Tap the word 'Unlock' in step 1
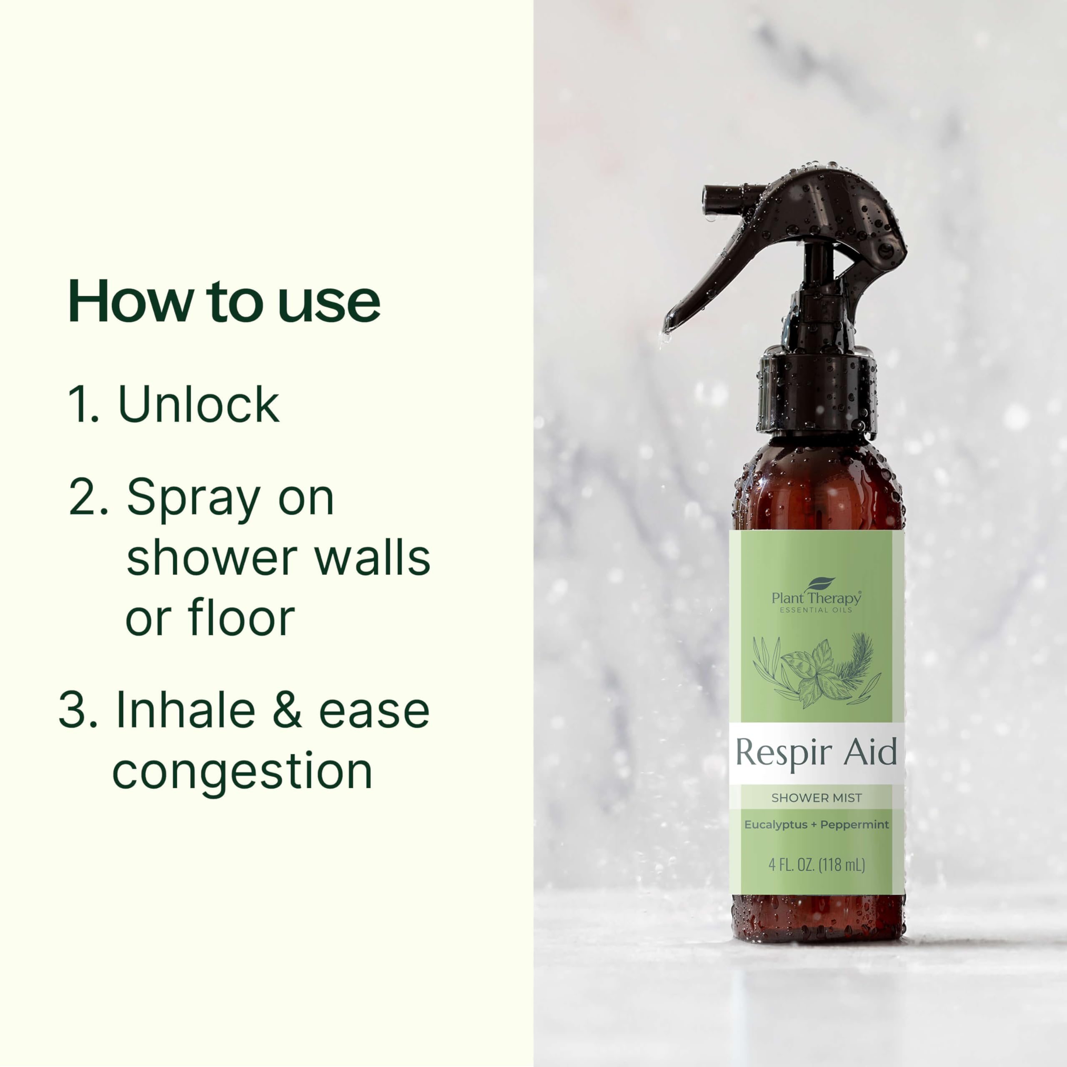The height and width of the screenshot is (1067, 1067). (199, 405)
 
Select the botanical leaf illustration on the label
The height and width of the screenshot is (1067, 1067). (816, 671)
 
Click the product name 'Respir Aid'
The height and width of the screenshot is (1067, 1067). (816, 753)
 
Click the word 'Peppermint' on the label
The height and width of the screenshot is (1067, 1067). (854, 824)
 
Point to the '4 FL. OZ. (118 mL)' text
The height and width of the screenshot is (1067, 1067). (816, 865)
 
